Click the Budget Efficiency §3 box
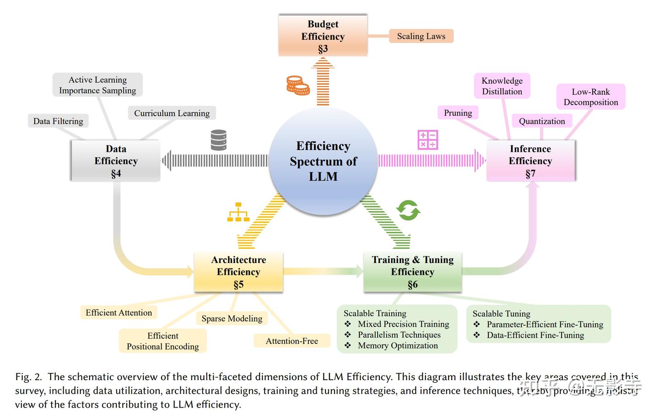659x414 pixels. click(323, 36)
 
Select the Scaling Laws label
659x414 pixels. click(421, 36)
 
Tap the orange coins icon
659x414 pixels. click(297, 86)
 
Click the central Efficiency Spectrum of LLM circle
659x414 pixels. click(323, 161)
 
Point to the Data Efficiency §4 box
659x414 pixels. click(116, 161)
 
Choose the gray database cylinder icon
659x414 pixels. click(219, 140)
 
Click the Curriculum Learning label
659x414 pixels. click(172, 113)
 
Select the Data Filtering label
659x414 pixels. click(58, 121)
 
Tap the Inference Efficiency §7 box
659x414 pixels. click(530, 161)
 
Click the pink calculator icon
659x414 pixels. click(428, 140)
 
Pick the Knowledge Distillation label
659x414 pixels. click(502, 86)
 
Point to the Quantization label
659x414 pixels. click(542, 121)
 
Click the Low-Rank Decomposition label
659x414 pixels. click(591, 97)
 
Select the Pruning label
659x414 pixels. click(458, 113)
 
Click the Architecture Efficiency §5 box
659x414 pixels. click(238, 272)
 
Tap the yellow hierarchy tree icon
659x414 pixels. click(238, 212)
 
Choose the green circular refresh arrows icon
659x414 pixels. click(408, 210)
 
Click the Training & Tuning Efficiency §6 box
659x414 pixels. click(412, 272)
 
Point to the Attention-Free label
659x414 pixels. click(292, 341)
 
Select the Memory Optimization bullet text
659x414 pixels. click(398, 346)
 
